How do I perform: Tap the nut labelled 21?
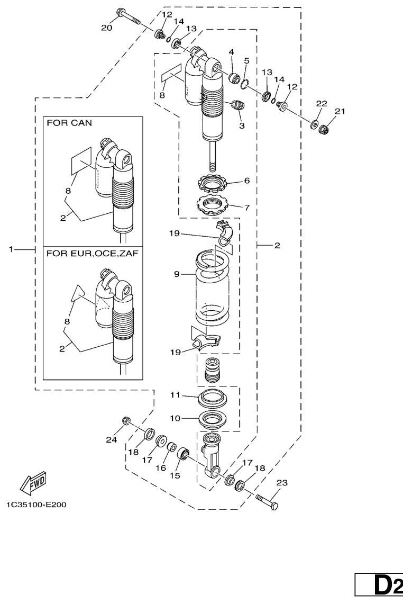click(x=327, y=128)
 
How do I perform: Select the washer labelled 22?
click(x=316, y=124)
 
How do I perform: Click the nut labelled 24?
click(x=126, y=421)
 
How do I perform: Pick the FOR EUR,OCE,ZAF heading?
click(x=92, y=254)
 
